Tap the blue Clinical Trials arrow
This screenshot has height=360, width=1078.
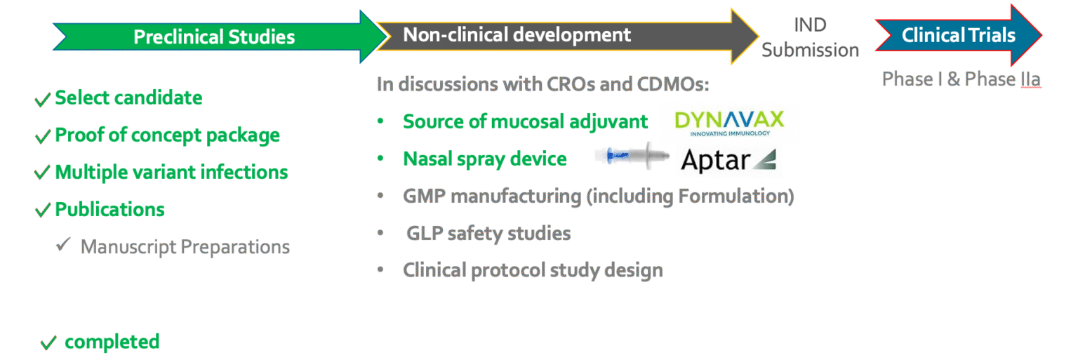coord(959,35)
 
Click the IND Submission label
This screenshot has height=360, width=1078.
coord(811,37)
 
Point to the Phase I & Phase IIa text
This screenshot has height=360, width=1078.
coord(961,79)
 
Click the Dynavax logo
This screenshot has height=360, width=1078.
coord(729,124)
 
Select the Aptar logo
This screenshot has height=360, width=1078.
coord(728,160)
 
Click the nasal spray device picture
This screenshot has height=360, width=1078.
coord(632,156)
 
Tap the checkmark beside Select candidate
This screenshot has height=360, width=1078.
coord(42,100)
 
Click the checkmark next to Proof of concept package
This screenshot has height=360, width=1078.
coord(42,137)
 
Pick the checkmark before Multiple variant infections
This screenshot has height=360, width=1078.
coord(42,173)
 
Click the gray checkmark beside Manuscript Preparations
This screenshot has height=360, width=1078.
coord(64,244)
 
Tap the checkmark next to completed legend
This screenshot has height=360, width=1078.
coord(48,343)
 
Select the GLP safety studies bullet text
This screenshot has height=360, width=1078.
coord(488,234)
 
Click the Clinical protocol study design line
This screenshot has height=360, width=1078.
coord(533,270)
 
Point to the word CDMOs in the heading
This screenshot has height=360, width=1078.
coord(673,84)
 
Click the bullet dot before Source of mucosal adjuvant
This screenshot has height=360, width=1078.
coord(380,121)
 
